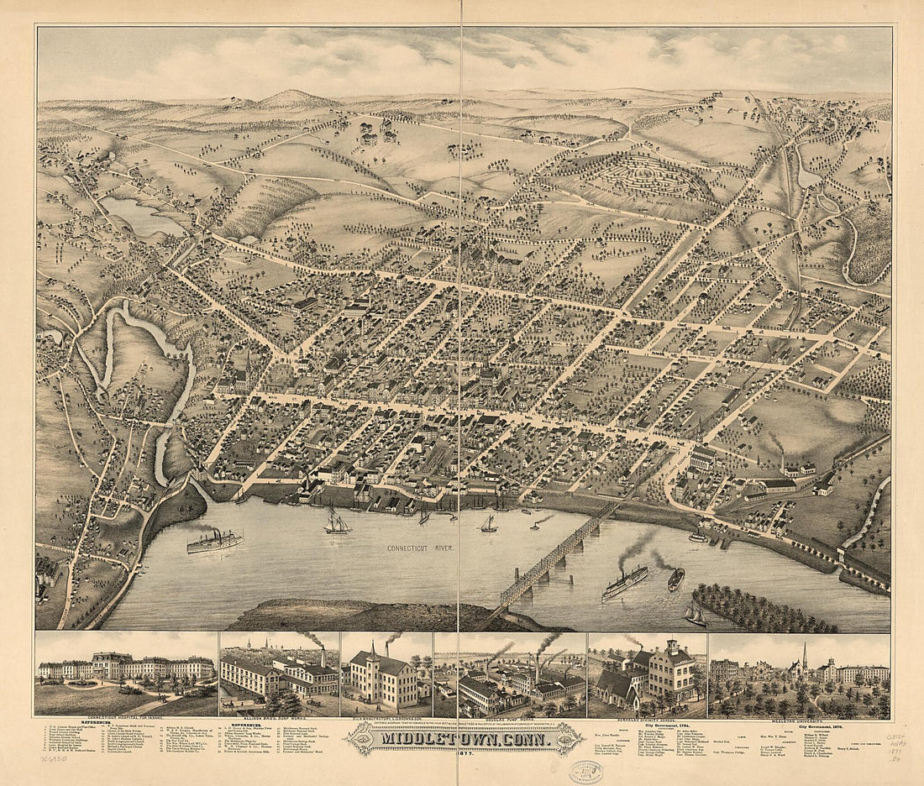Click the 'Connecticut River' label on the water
(x=420, y=548)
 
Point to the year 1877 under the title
(x=463, y=753)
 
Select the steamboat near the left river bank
(x=213, y=542)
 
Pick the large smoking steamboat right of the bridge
(x=625, y=581)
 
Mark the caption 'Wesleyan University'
(x=799, y=719)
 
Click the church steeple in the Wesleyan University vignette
(x=804, y=657)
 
